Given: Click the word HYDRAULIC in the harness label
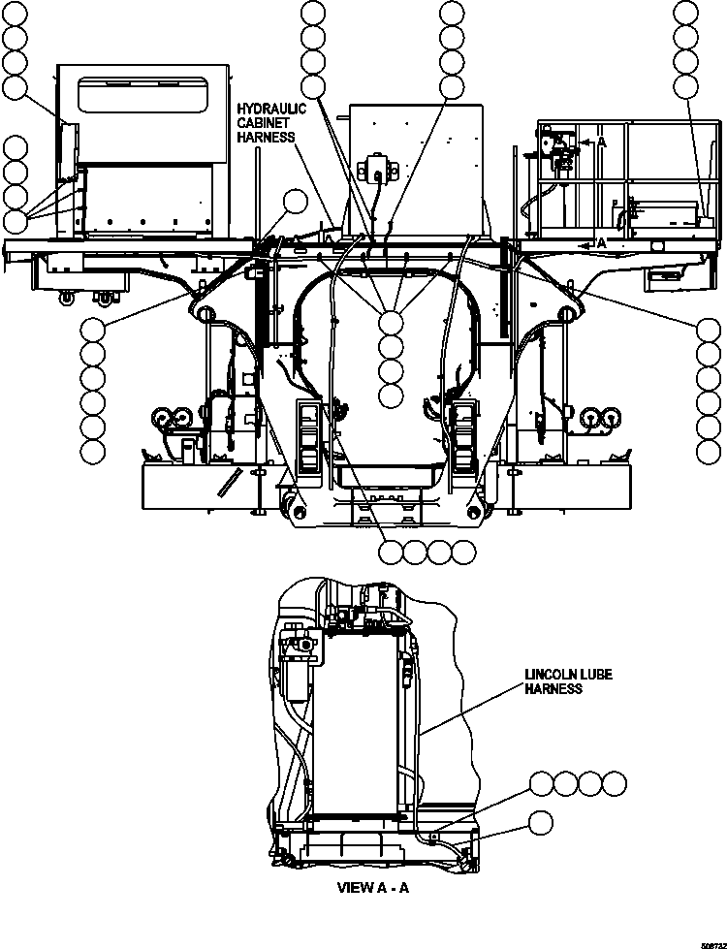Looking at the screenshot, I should [271, 109].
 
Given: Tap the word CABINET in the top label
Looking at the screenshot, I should [264, 123].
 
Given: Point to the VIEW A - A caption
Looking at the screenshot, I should [373, 887].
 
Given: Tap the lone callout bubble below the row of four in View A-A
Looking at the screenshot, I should [542, 823].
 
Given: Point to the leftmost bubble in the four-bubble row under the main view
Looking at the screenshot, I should [392, 552].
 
